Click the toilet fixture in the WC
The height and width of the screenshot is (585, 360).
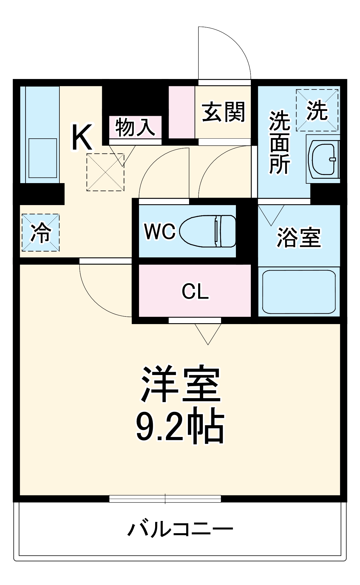pos(208,231)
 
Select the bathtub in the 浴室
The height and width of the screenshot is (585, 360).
pos(299,292)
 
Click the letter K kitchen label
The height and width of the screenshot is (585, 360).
pos(82,137)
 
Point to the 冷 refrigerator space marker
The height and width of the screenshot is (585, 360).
pos(41,233)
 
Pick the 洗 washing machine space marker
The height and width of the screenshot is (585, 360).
pos(317,110)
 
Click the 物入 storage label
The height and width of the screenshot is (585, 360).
pos(135,128)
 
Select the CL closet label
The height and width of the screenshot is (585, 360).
pos(195,291)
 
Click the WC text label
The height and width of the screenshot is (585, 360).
pos(160,231)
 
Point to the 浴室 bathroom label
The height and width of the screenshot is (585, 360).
pos(299,237)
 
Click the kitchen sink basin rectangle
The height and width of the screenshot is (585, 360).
pos(43,158)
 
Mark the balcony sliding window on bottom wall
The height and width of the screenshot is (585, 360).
pos(165,499)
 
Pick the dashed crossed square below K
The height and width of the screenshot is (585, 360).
pos(105,173)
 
